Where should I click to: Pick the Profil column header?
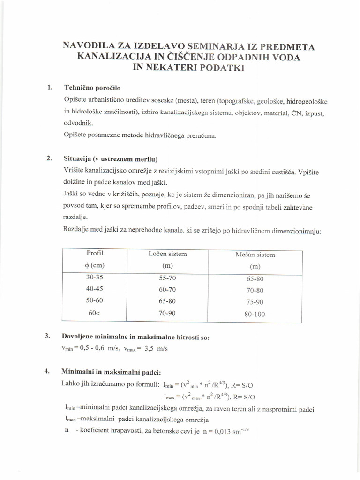(x=95, y=253)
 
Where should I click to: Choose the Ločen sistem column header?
(x=167, y=254)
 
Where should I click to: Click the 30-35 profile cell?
(x=95, y=277)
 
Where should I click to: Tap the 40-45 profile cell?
(x=95, y=289)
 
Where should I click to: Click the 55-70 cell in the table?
(x=167, y=277)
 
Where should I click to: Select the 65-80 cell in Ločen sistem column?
(x=167, y=301)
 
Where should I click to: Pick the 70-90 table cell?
(x=167, y=313)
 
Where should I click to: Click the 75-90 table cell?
(x=255, y=302)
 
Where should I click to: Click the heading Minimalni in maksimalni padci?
(x=111, y=371)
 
